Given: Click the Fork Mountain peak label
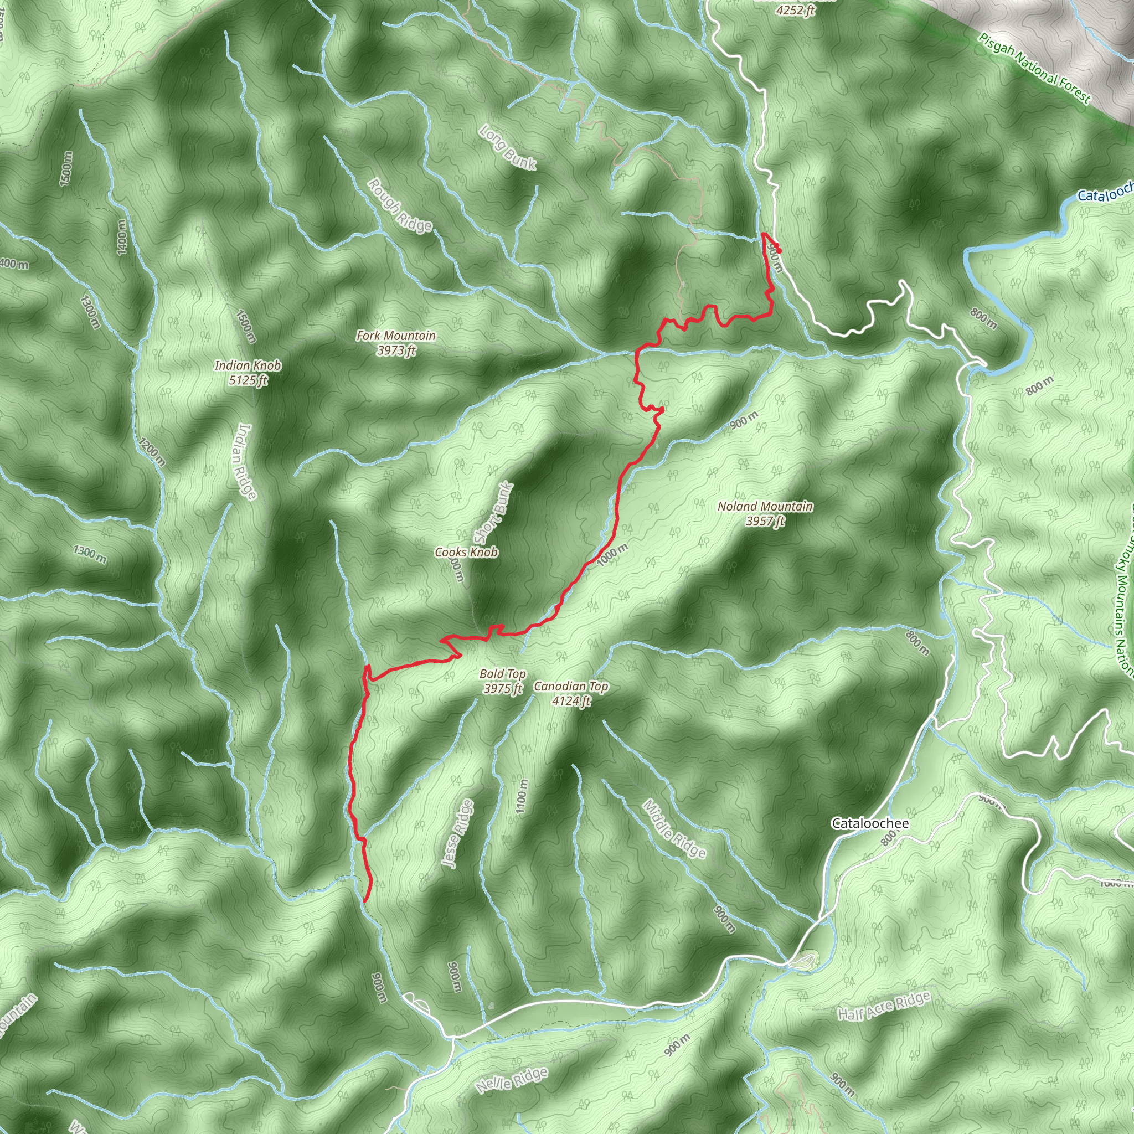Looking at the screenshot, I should (396, 336).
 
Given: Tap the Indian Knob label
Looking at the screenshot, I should (248, 365).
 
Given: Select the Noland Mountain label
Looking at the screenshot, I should (765, 507).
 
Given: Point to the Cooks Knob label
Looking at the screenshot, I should (467, 552).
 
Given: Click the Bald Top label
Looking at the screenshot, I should (502, 674).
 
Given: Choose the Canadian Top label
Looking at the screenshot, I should (571, 686).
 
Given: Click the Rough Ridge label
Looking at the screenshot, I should (400, 205).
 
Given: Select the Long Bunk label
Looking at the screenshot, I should (508, 147).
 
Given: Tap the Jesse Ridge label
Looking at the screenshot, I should (458, 833).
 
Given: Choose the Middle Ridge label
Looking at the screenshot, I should (674, 828).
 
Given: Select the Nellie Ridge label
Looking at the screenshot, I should (512, 1081).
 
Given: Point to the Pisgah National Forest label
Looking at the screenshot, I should (1034, 68).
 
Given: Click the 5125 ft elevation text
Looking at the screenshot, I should (248, 380).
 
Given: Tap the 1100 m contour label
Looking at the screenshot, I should (522, 796).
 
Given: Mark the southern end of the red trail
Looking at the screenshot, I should (365, 900).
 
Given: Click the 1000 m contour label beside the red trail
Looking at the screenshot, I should (613, 555).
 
